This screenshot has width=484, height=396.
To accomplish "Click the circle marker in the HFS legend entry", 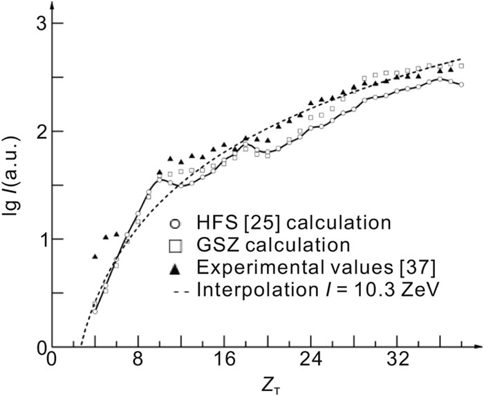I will tap(176, 223).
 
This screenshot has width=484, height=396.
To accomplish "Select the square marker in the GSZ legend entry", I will tap(176, 244).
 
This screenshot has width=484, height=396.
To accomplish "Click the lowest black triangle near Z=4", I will tap(95, 256).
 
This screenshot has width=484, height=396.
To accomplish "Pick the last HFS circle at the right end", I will tap(461, 84).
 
